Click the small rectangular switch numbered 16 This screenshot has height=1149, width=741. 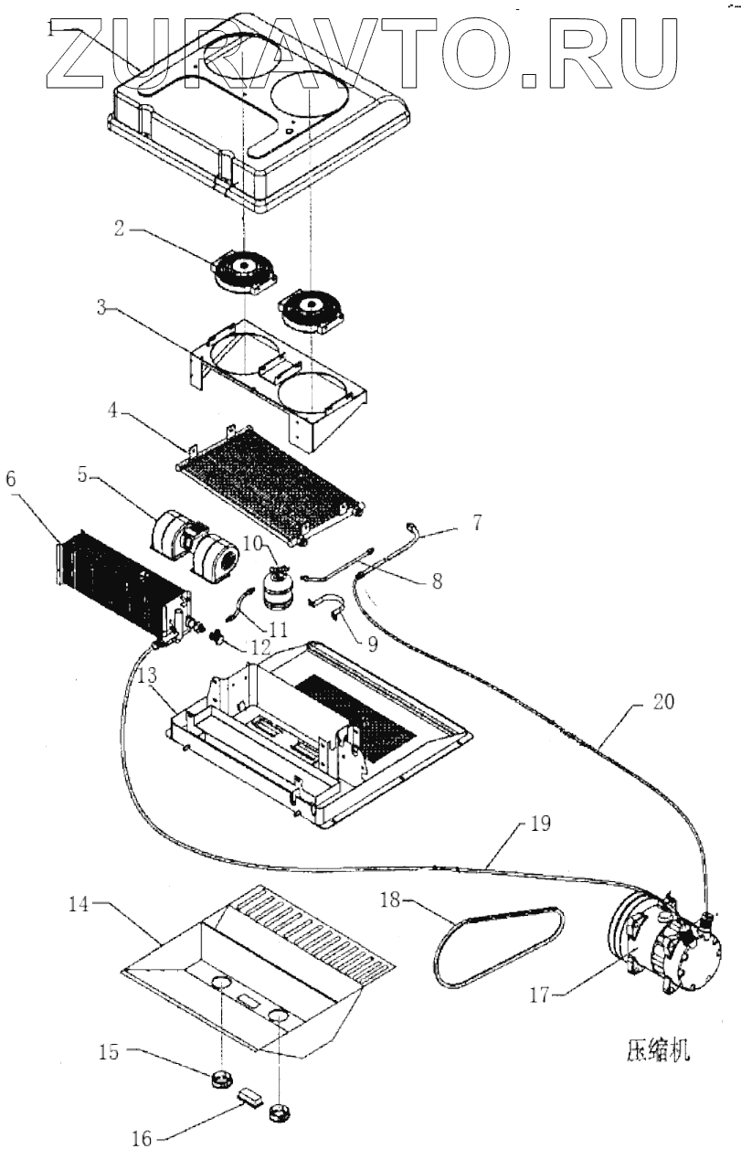[x=249, y=1095]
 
